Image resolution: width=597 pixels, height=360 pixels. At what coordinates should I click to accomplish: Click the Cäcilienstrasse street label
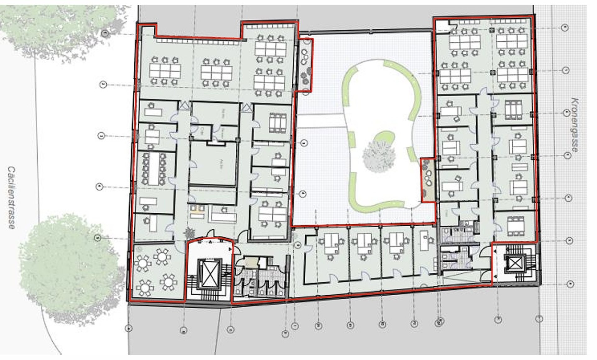coord(12,198)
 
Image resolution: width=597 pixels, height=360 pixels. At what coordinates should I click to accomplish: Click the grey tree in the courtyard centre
coord(379,156)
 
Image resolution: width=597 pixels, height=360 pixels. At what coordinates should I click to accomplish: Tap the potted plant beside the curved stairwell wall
coord(189,232)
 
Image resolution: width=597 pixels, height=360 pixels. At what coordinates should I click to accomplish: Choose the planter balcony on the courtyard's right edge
coord(428,180)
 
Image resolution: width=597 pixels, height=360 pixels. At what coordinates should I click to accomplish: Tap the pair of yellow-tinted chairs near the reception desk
coord(197,208)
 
